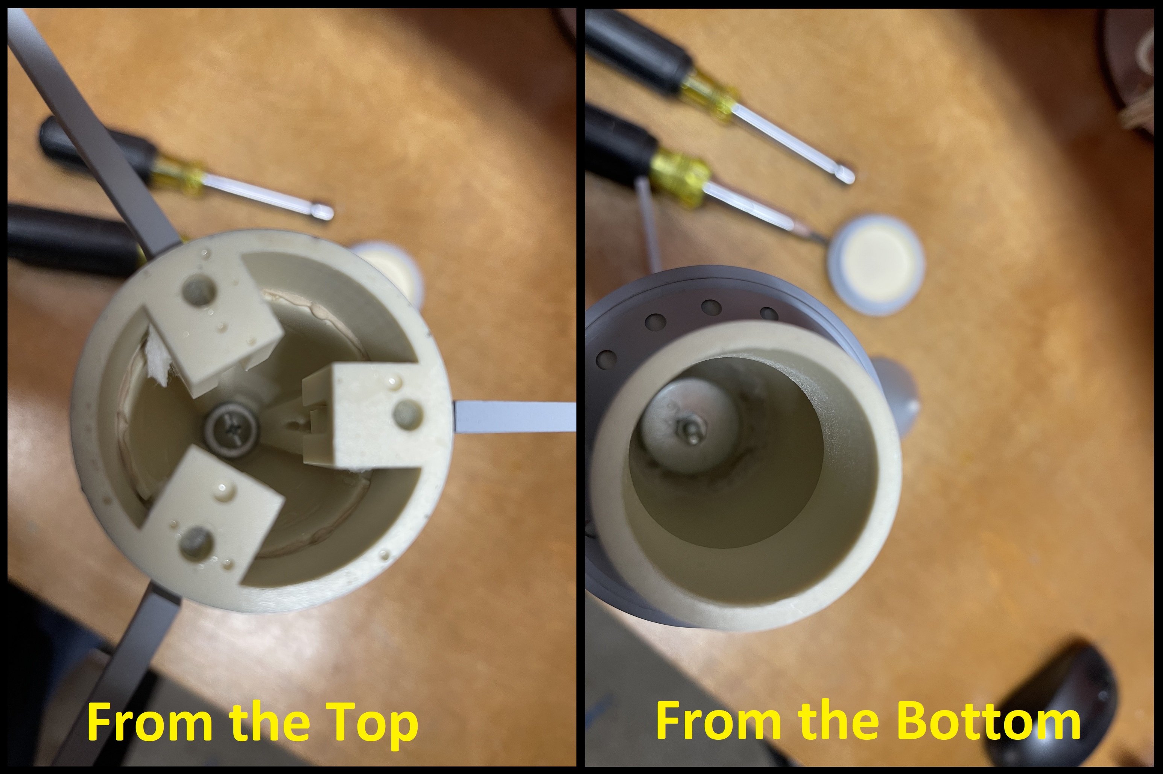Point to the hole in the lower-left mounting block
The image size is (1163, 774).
[x=196, y=543]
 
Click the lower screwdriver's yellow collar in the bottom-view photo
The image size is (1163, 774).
[x=681, y=178]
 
